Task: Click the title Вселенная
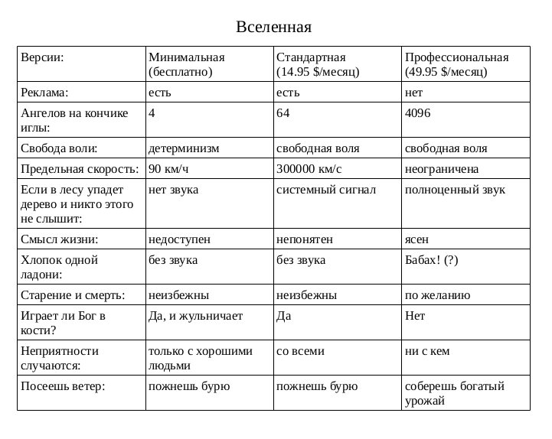click(x=274, y=28)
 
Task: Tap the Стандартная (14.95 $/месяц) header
click(x=318, y=64)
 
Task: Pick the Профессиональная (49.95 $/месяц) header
click(x=456, y=64)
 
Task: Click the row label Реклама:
click(x=45, y=92)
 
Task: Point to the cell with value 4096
click(x=418, y=112)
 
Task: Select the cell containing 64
click(x=283, y=112)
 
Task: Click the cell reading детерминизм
click(x=184, y=148)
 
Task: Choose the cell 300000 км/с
click(x=309, y=168)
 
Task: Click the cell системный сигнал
click(x=326, y=189)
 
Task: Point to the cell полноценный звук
click(x=455, y=189)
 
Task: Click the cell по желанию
click(x=437, y=294)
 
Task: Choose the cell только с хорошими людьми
click(x=200, y=358)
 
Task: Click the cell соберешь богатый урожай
click(x=455, y=393)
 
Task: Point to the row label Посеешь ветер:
click(x=63, y=386)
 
